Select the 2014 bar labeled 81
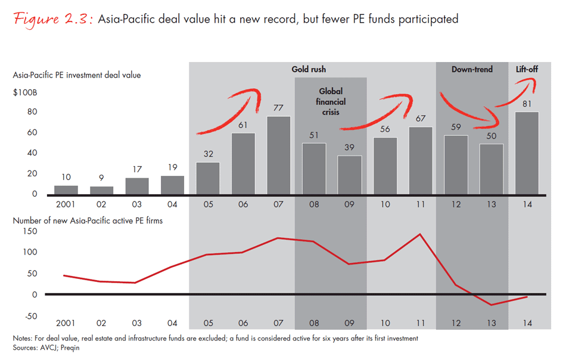point(527,153)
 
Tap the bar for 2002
point(101,190)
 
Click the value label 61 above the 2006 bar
point(242,125)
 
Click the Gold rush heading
point(309,69)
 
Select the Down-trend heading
point(472,69)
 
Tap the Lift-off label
point(527,69)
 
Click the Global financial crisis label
point(332,101)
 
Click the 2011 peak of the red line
point(419,234)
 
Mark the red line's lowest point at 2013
point(492,305)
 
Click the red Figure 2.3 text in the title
point(51,18)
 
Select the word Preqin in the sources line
point(69,348)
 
